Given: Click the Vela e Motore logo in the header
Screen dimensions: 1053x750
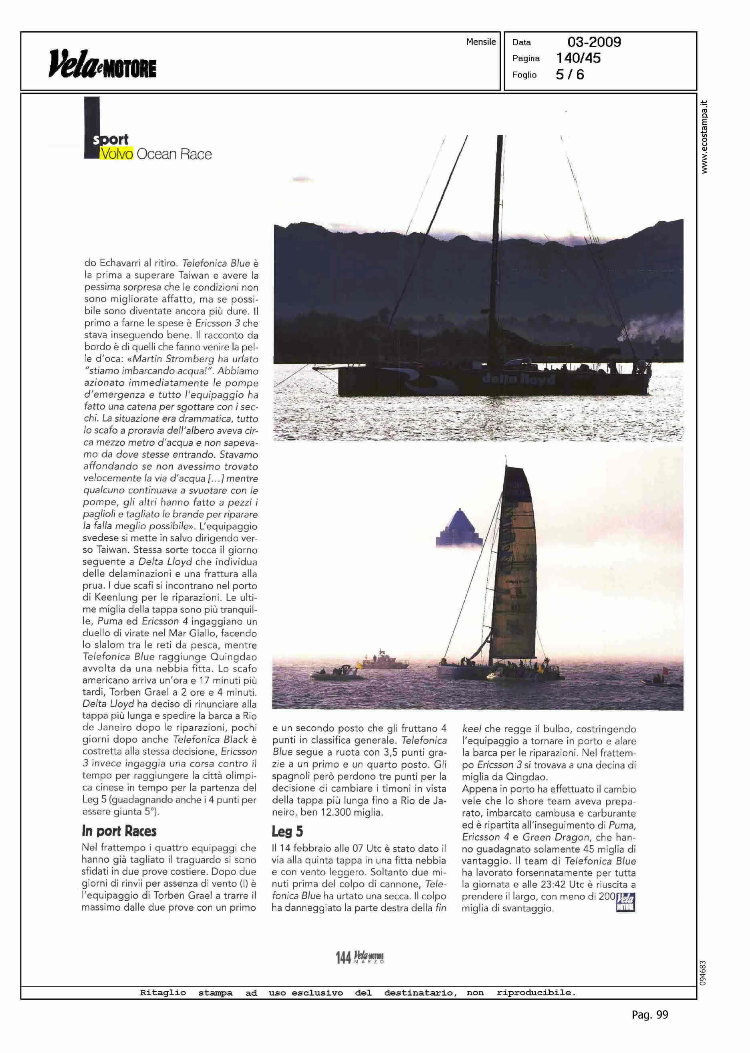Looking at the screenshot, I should [x=102, y=64].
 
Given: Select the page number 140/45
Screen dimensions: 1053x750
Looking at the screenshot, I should [x=578, y=58].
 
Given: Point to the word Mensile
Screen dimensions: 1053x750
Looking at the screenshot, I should [x=481, y=42].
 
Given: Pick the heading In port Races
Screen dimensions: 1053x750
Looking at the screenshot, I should [x=119, y=831].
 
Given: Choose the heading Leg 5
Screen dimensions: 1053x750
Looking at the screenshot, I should [x=287, y=832].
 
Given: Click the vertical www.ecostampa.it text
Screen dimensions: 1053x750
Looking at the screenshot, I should [x=704, y=137].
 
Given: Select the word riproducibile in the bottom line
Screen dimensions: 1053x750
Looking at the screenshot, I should [x=536, y=992].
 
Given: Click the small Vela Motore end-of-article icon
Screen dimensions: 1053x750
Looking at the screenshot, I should [x=625, y=902].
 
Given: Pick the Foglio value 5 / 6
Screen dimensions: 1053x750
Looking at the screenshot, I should [x=570, y=75].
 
